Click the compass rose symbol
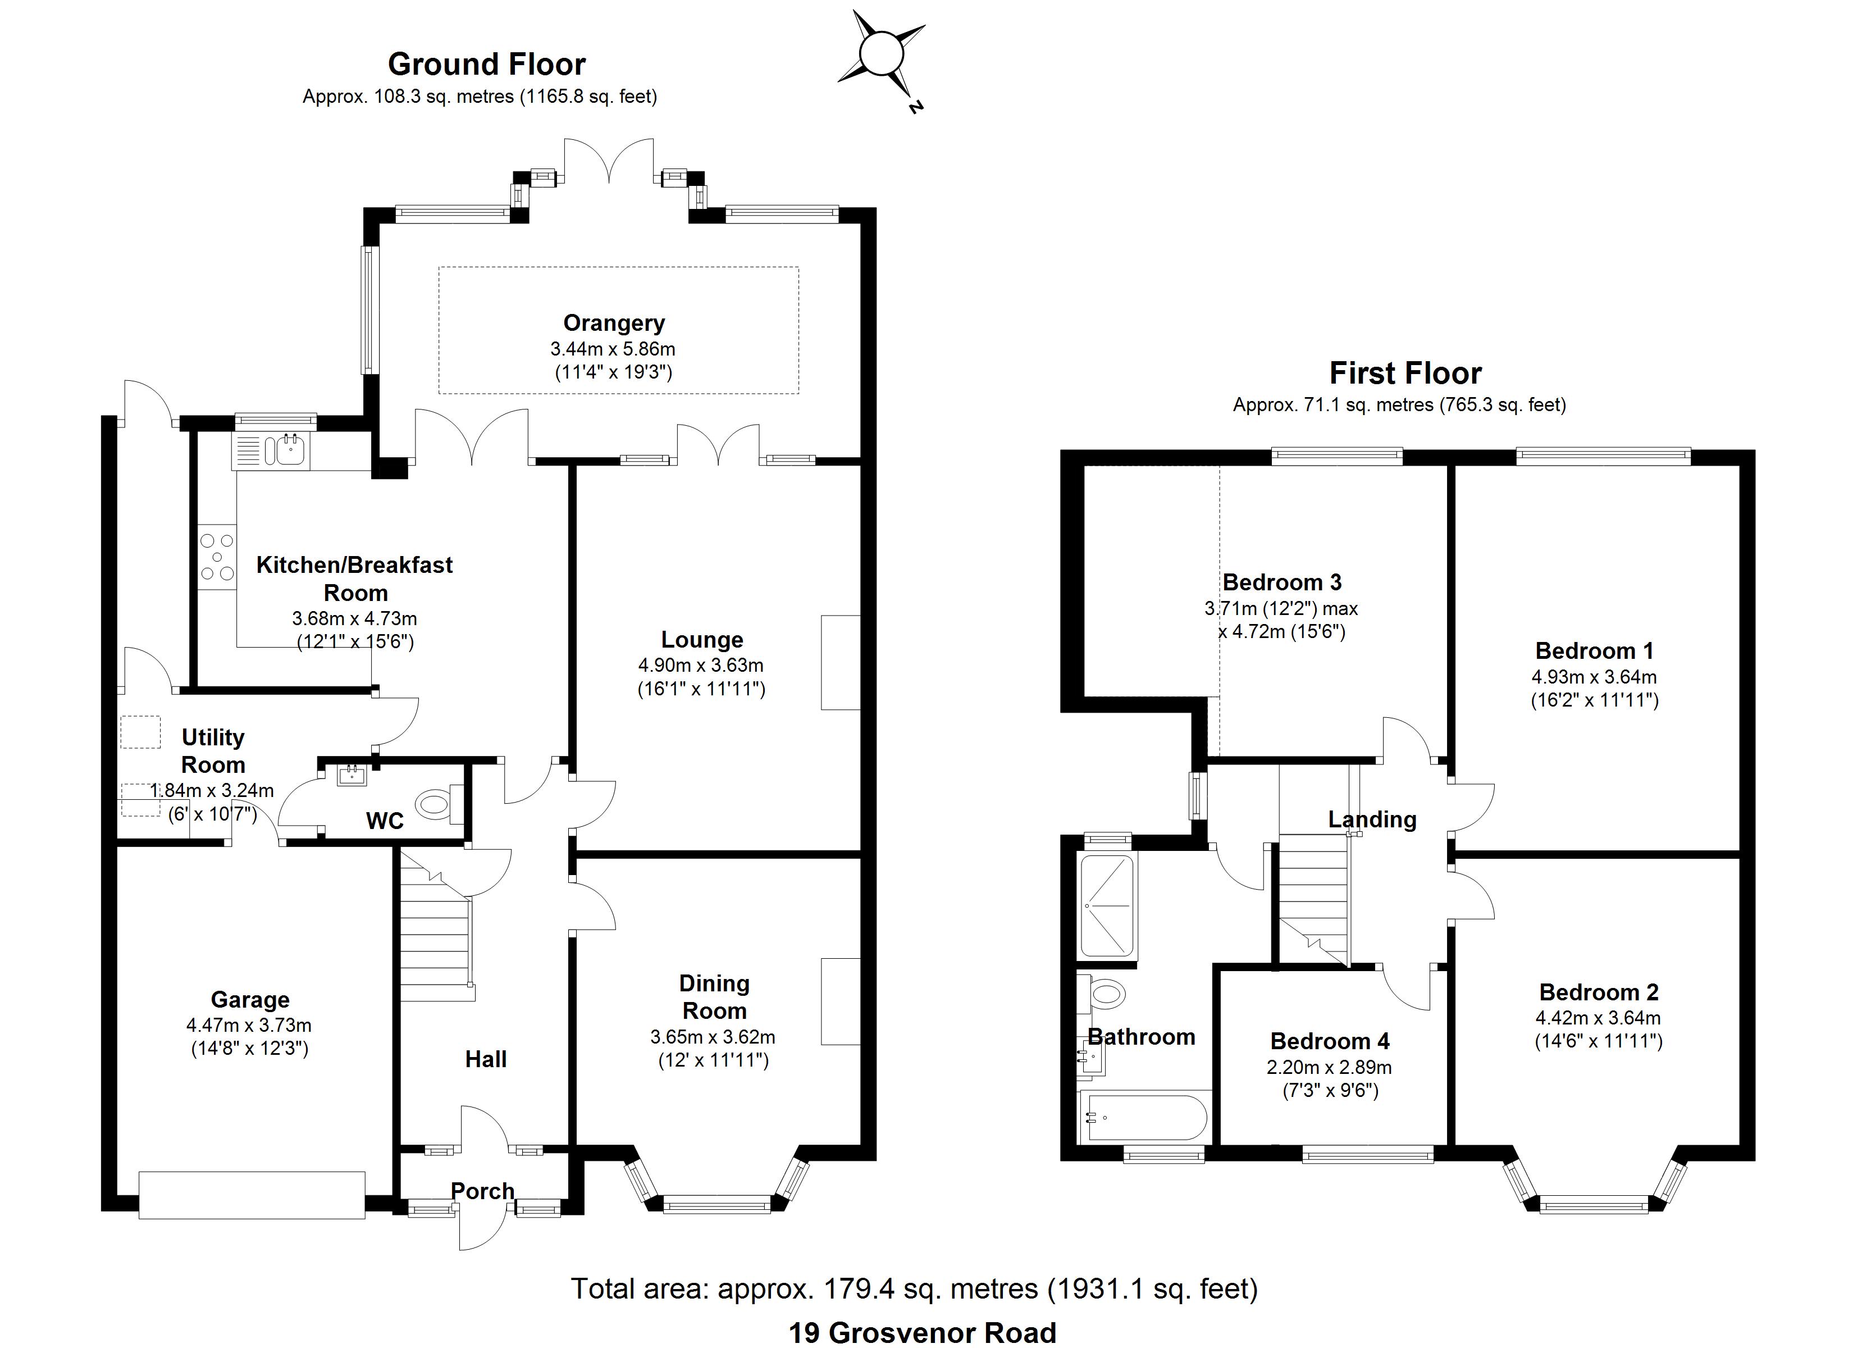[882, 56]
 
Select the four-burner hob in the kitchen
[217, 557]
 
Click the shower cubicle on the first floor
[1108, 904]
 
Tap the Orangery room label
[614, 323]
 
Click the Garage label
[250, 999]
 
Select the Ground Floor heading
[486, 64]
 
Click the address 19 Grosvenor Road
[921, 1332]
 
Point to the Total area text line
[914, 1288]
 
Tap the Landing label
[1372, 819]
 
